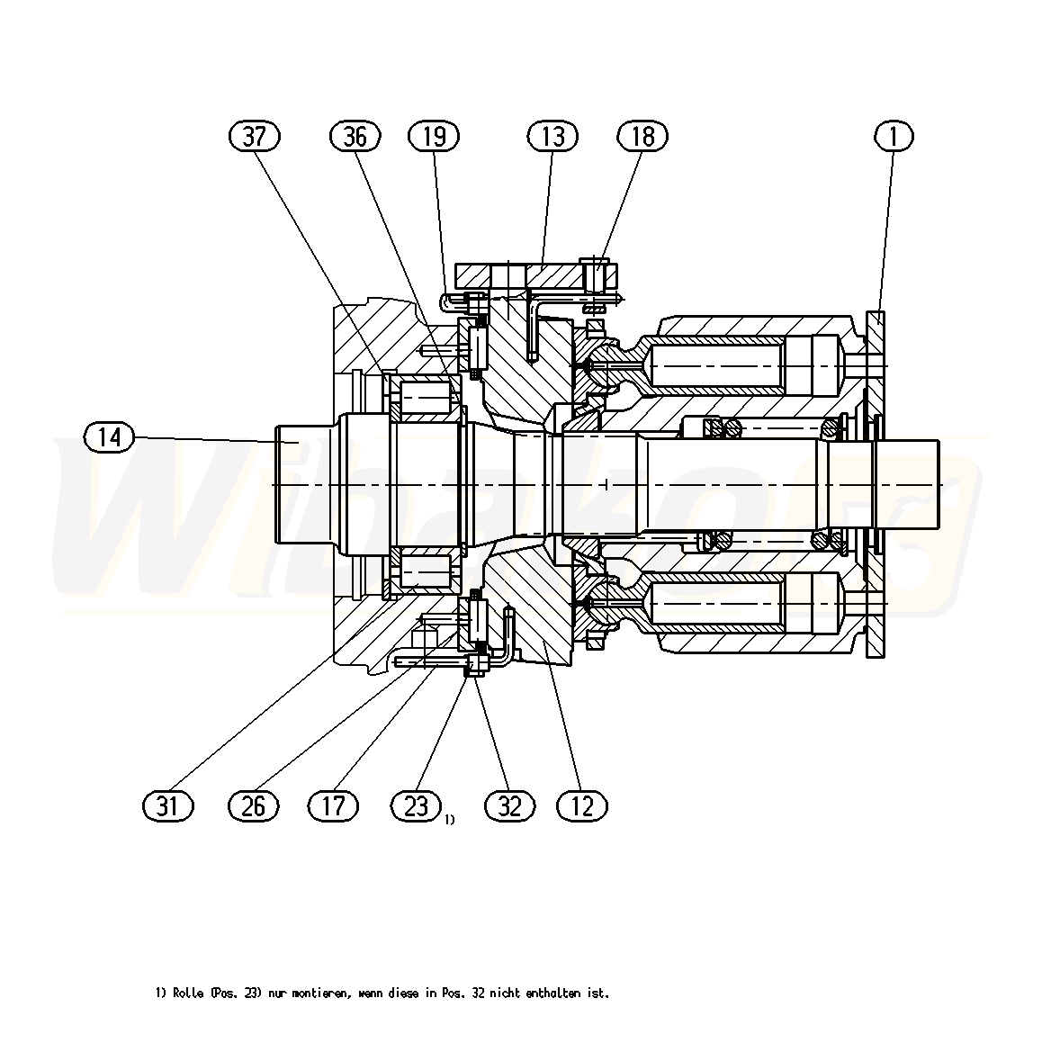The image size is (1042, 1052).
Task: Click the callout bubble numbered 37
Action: pos(255,136)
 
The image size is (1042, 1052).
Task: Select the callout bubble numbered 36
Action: pos(355,136)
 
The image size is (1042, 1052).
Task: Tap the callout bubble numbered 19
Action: pos(434,136)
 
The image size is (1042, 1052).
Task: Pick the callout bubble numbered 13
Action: pos(552,136)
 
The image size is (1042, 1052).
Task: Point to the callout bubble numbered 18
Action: pos(642,136)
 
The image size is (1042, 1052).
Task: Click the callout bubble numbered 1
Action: pos(894,136)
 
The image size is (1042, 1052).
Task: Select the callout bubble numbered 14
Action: pos(110,437)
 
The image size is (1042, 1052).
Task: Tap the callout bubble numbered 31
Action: pos(167,805)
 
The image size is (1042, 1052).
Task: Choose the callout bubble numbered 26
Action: pos(253,805)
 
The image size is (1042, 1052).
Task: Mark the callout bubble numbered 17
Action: pos(334,805)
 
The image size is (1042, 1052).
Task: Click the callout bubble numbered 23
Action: pos(416,805)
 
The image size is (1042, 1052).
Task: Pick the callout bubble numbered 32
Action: pos(509,805)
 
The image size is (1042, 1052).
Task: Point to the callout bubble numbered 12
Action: pos(581,805)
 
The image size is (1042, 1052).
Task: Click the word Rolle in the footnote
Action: pos(188,993)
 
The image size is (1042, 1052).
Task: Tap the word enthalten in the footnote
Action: pos(553,993)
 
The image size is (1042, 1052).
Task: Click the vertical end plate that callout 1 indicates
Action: pos(876,484)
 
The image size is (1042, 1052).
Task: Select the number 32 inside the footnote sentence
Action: pos(478,993)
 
